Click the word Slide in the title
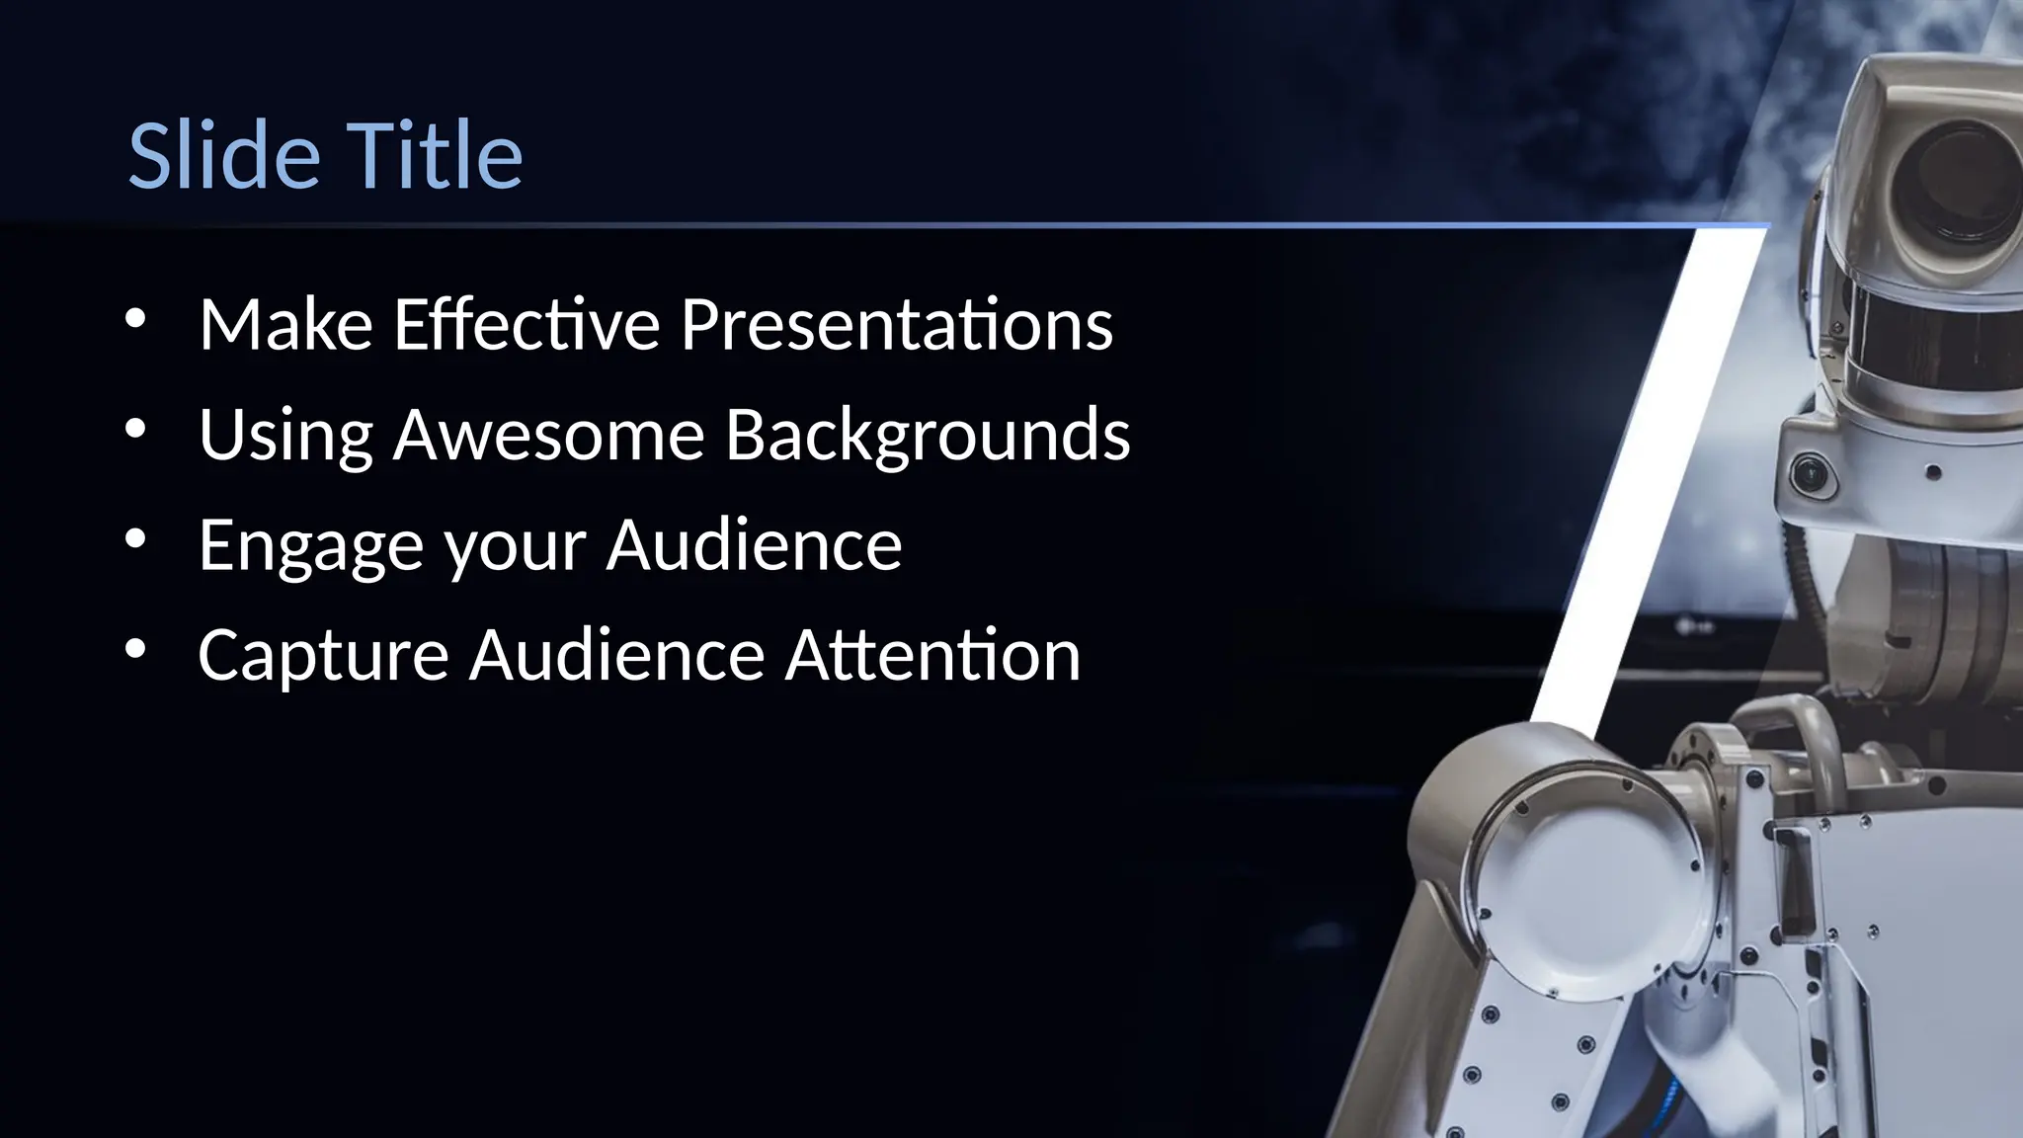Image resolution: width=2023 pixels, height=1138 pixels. coord(224,156)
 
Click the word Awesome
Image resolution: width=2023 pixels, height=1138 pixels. coord(549,435)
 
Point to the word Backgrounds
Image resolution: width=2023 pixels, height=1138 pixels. coord(928,435)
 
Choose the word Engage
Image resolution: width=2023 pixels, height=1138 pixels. coord(311,546)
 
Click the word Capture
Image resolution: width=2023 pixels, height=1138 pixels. coord(323,656)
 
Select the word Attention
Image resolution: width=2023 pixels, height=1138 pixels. coord(932,656)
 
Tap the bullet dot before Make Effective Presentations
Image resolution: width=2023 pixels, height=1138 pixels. coord(136,318)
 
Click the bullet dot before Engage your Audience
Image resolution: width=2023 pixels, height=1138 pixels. coord(136,538)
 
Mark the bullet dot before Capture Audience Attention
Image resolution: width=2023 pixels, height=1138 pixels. coord(136,649)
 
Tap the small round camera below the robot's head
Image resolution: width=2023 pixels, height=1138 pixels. coord(1811,475)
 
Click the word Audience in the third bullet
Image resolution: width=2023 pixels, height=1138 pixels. coord(754,546)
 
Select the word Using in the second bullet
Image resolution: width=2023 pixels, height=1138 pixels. coord(285,435)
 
